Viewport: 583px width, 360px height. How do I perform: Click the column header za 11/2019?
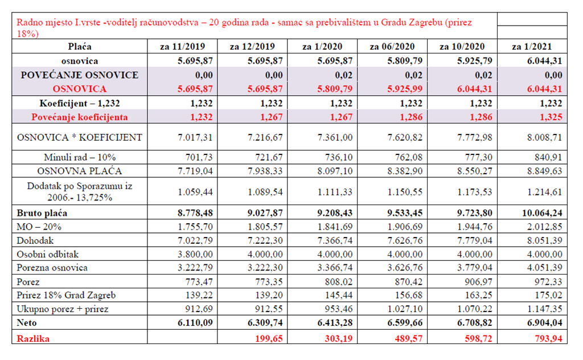(182, 47)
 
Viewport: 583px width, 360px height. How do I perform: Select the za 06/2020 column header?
(392, 47)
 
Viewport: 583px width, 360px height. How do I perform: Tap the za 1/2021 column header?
(532, 47)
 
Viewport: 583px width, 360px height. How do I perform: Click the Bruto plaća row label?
(42, 213)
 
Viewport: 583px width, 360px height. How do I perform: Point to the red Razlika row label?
(33, 338)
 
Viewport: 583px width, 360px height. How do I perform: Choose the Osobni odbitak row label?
(48, 255)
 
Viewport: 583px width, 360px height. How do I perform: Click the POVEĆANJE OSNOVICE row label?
(80, 75)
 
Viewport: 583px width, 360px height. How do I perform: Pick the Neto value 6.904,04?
(544, 322)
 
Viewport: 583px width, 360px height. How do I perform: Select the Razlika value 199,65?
(269, 338)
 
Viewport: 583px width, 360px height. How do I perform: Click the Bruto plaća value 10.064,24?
(542, 213)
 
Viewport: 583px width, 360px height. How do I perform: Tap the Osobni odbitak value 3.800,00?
(195, 255)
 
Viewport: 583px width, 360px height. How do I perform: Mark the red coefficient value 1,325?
(551, 117)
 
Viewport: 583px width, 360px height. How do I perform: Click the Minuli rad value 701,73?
(199, 157)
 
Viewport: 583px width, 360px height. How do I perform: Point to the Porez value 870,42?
(409, 282)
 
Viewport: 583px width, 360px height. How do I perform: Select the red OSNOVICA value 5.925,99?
(405, 89)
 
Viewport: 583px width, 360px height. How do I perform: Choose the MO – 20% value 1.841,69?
(335, 227)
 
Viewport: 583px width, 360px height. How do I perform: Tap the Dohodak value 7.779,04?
(475, 240)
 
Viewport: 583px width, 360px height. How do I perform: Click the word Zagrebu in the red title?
(425, 22)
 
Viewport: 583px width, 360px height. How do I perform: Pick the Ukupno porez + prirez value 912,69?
(199, 309)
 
